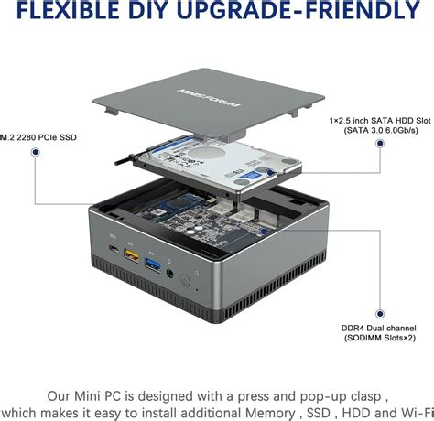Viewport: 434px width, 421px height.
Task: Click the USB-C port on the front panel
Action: point(113,250)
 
